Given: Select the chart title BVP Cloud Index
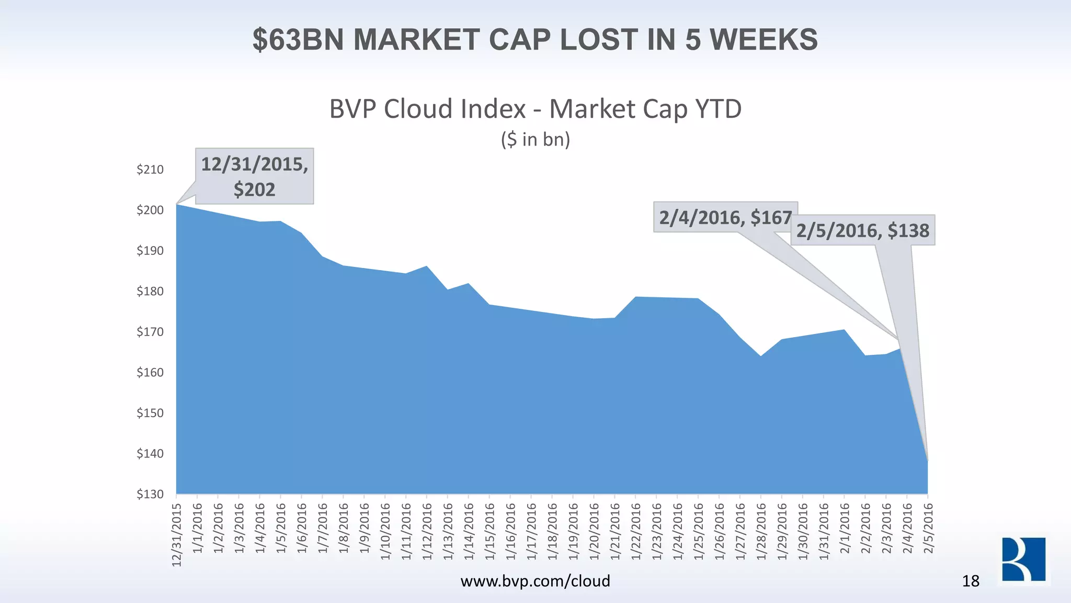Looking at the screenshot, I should coord(427,109).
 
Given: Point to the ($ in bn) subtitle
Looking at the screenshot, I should coord(535,139).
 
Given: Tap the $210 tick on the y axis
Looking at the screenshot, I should coord(150,170).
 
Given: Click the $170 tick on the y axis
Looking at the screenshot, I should coord(150,332).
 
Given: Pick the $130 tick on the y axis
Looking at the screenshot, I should coord(150,494).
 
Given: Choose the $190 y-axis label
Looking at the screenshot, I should coord(150,251).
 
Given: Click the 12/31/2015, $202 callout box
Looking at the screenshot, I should coord(255,176).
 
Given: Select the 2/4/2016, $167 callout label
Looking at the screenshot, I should coord(725,217).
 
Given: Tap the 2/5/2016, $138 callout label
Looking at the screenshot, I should coord(863,230).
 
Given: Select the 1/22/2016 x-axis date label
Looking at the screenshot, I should coord(636,531).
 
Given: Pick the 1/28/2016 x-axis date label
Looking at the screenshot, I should coord(761,531).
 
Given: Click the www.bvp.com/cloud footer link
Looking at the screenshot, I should coord(535,580).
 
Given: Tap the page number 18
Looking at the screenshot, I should coord(971,581).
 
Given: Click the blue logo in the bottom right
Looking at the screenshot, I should coord(1023,559).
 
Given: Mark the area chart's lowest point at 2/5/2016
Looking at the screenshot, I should coord(928,461).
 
